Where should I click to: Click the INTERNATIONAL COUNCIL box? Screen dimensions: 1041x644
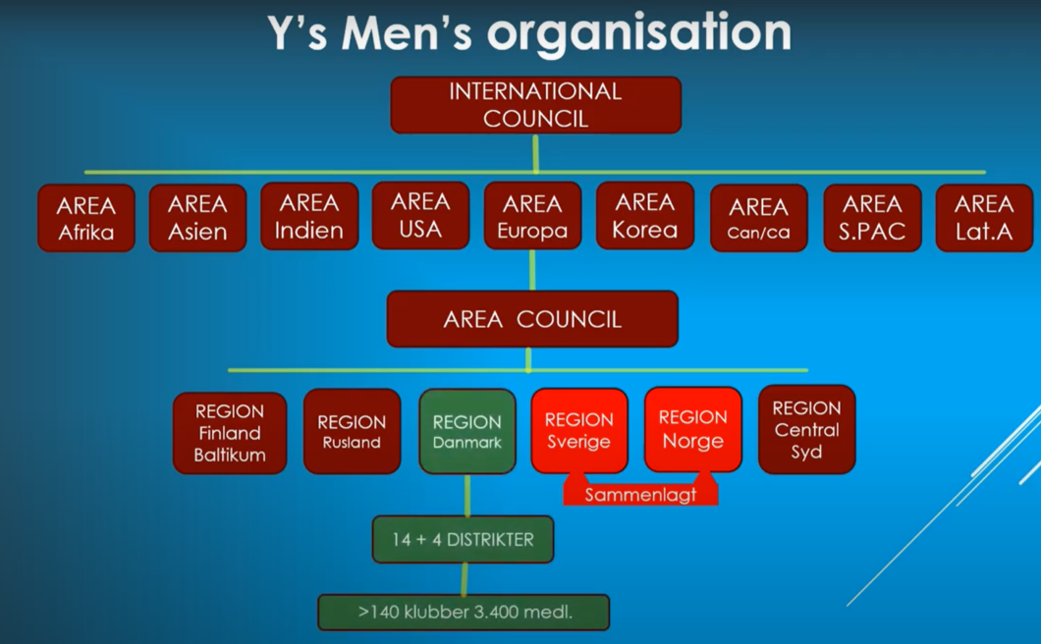(536, 105)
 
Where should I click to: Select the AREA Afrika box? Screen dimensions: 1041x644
(86, 218)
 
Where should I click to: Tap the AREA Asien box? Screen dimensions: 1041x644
(197, 218)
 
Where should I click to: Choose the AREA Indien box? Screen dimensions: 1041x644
(309, 216)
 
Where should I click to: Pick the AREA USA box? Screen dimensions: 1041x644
(421, 216)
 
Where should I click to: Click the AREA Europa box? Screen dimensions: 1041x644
(532, 216)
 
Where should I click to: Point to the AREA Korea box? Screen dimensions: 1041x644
(645, 216)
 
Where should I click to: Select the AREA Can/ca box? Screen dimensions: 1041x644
(759, 218)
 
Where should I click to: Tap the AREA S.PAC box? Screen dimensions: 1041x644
(872, 218)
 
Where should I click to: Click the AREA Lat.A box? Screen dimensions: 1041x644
(985, 218)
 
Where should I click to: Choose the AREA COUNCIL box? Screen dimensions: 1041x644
(532, 319)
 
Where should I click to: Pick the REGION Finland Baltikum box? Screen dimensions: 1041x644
(230, 433)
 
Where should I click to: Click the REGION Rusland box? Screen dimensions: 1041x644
(352, 431)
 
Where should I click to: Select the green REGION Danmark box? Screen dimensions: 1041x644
(467, 431)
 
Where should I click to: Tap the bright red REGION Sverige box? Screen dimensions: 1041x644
(578, 430)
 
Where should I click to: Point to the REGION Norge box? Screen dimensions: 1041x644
(693, 430)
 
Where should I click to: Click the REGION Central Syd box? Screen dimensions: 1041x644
(806, 430)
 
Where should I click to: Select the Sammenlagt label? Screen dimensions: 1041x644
(640, 494)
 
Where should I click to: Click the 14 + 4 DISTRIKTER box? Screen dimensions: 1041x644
(463, 539)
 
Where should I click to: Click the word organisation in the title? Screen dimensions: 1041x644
(639, 33)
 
